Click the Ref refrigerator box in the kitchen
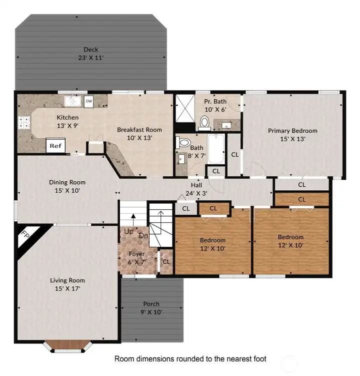[54, 146]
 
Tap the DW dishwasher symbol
[88, 101]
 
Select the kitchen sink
[73, 101]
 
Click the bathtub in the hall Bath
[216, 149]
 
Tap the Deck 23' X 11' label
[90, 53]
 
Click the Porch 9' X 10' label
[151, 307]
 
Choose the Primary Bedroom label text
[292, 134]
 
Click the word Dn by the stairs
[143, 235]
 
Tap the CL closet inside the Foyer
[166, 261]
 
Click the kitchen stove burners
[22, 123]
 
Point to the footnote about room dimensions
[190, 358]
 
